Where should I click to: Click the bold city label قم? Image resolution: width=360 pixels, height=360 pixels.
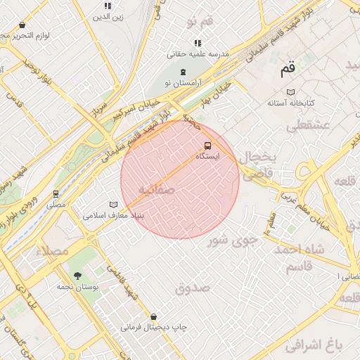pos(288,70)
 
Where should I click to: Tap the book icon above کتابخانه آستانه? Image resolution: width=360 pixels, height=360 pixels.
pos(290,92)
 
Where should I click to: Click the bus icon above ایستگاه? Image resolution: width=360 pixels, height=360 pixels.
pos(206,146)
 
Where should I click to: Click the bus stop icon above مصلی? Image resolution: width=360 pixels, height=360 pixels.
pos(56,193)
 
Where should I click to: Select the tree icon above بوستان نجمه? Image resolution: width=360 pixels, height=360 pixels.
pos(77,276)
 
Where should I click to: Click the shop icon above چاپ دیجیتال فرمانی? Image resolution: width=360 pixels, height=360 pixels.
pos(153,316)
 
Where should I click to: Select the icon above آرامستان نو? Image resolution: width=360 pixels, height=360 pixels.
pos(184,72)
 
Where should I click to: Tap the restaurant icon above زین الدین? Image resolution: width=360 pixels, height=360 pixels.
pos(108,6)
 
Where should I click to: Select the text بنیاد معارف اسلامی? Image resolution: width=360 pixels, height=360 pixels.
pos(113,216)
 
